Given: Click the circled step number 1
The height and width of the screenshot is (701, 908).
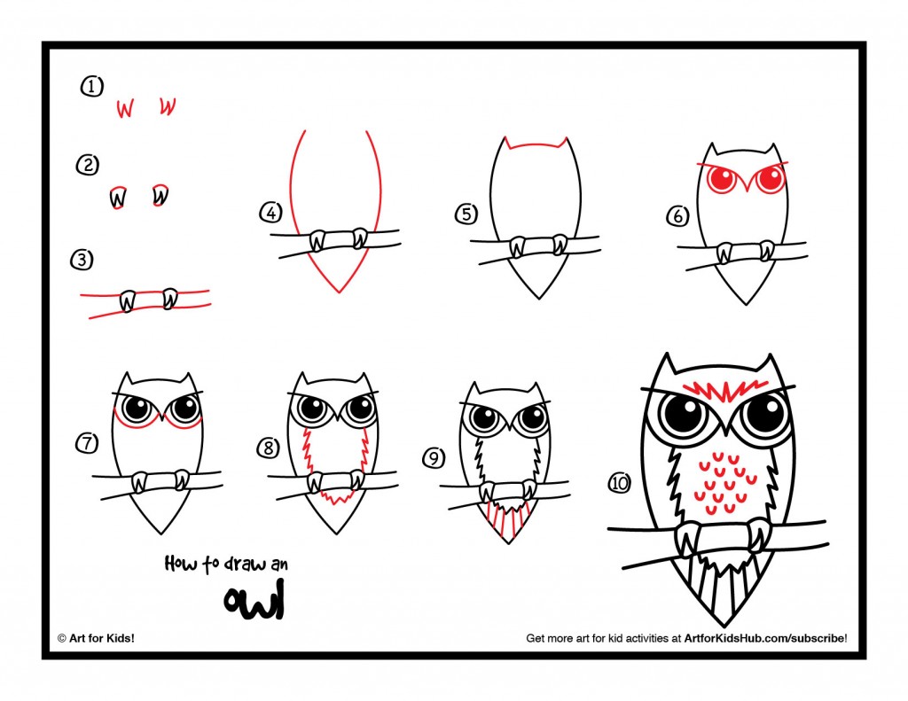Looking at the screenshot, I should (91, 86).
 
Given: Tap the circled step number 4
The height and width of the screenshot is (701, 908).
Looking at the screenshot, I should (270, 213).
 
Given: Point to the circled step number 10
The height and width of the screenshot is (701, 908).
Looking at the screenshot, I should (619, 482).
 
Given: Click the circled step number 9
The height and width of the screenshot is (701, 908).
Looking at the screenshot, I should (434, 457).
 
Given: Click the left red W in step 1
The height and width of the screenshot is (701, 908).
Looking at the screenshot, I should (125, 108).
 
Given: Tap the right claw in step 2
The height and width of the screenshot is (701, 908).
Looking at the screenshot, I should (160, 194).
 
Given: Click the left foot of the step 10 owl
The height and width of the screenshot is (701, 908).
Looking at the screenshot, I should (686, 537).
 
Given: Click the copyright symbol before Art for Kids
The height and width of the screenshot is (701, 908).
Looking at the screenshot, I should (62, 637).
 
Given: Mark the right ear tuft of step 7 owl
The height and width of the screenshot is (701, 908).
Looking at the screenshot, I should (188, 380).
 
